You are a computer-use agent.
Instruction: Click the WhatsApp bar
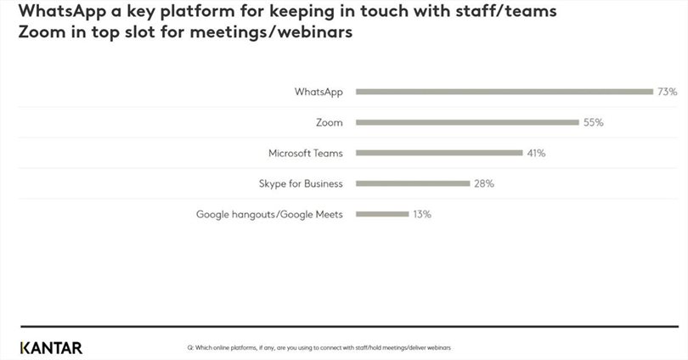click(504, 92)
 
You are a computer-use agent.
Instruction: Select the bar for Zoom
click(467, 122)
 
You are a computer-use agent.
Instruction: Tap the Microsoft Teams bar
click(439, 153)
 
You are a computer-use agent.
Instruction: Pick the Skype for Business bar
click(413, 183)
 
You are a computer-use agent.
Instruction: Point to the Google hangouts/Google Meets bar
click(382, 214)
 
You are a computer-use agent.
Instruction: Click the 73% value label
click(666, 92)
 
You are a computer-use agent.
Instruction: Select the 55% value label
click(593, 122)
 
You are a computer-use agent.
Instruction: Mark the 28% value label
click(483, 183)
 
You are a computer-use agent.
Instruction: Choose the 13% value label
click(421, 214)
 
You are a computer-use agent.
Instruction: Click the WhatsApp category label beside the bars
click(319, 92)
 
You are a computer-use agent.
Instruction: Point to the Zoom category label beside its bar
click(329, 122)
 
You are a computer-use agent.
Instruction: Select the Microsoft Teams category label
click(305, 153)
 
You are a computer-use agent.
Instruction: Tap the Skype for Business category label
click(301, 183)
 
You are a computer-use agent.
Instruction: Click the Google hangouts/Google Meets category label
click(269, 214)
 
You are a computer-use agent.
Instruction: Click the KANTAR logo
click(51, 347)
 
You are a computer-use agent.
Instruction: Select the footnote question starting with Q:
click(319, 348)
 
